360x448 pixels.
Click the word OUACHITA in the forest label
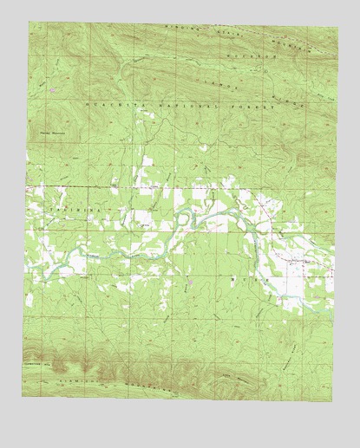108,103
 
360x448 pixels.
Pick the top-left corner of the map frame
29,22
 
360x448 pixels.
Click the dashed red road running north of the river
130,186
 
